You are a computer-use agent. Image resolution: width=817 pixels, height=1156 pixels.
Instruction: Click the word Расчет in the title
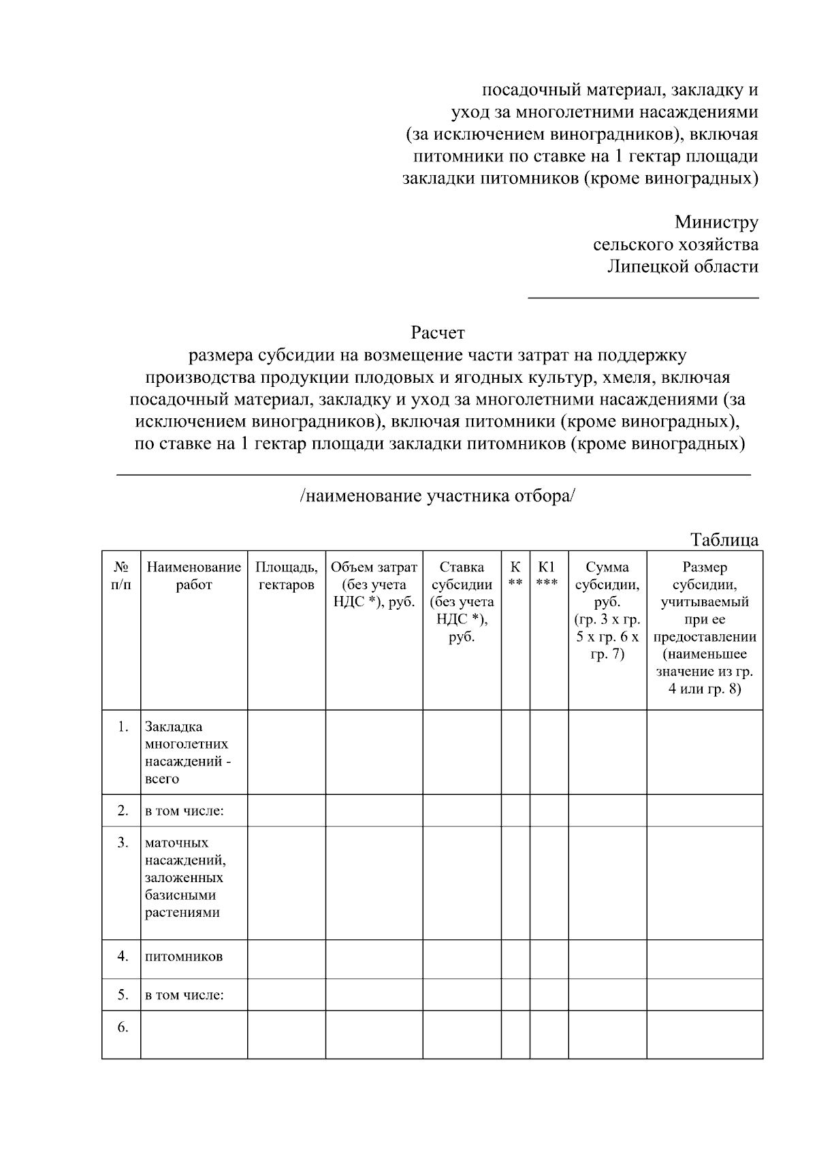[437, 333]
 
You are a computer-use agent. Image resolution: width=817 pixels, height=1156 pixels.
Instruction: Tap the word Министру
[716, 222]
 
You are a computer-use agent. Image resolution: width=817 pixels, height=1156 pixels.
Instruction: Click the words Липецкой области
[682, 266]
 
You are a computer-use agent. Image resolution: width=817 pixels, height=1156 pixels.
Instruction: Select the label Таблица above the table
[724, 540]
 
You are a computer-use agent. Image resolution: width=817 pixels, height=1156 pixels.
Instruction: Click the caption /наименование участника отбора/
[437, 496]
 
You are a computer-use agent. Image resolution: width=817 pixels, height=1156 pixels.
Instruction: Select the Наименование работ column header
[194, 576]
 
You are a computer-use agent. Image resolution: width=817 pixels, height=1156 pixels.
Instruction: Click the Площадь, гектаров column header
[286, 576]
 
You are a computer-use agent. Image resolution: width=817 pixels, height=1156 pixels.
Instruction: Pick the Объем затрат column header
[374, 584]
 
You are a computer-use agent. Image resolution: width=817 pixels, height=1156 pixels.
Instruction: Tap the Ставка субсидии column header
[462, 602]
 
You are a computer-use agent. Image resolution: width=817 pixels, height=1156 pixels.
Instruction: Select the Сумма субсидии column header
[607, 610]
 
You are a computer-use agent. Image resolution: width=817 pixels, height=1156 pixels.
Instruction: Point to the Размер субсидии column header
[705, 627]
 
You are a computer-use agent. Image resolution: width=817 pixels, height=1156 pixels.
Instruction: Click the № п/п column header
[121, 576]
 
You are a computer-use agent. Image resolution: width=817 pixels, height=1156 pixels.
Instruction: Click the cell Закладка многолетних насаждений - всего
[187, 753]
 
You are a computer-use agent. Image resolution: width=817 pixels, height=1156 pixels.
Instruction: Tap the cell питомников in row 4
[184, 956]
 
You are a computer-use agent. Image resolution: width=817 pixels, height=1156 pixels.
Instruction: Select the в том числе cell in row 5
[185, 995]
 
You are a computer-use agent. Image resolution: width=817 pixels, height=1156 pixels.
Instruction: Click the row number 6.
[123, 1027]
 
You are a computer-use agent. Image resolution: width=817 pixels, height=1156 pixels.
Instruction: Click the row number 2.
[123, 811]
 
